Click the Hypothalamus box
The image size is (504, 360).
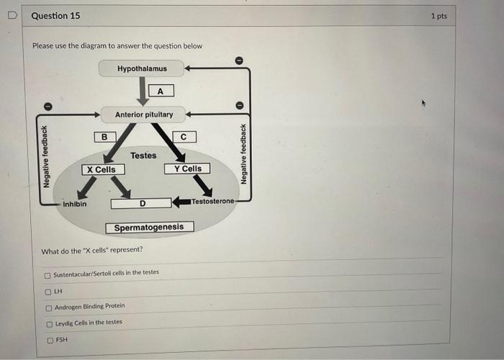142,68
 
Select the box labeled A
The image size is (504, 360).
161,91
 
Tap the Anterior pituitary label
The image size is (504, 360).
144,114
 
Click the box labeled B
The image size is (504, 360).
104,136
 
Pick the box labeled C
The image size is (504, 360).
184,136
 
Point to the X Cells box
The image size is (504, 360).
100,169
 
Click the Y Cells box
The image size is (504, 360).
187,168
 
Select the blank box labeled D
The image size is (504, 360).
141,203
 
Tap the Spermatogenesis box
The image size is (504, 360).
150,227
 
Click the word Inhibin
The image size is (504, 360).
74,204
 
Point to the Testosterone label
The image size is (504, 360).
212,201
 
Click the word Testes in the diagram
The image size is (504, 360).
143,155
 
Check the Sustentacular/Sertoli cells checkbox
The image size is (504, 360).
48,274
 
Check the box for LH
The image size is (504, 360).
48,291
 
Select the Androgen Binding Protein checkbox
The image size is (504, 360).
48,307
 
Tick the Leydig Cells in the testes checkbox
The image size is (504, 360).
48,323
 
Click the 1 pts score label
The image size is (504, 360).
438,16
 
